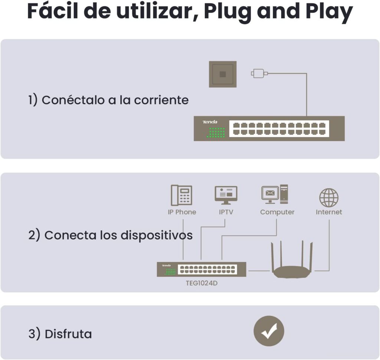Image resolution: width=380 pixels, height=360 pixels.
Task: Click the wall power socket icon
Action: tap(223, 74)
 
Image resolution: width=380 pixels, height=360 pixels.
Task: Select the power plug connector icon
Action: tap(259, 73)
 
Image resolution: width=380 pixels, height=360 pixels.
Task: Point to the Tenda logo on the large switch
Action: tap(210, 122)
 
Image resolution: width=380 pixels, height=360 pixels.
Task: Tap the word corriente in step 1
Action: tap(161, 100)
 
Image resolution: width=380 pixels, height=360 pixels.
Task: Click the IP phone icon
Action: tap(182, 195)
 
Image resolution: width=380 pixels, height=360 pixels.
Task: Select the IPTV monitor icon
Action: tap(226, 195)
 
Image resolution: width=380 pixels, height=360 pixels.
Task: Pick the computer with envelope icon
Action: tap(275, 194)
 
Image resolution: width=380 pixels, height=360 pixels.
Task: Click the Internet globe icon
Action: tap(329, 197)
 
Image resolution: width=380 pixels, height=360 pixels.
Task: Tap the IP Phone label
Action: tap(182, 212)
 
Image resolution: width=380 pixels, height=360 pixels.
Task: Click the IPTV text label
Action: tap(226, 212)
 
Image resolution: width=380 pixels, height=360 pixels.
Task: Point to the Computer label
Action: tap(277, 212)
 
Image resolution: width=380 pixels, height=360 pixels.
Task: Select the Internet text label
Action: tap(329, 212)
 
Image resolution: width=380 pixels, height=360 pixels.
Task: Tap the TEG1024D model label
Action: tap(202, 283)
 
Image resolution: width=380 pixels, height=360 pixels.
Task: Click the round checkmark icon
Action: tap(269, 331)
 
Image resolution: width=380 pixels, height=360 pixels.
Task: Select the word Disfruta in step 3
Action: tap(68, 334)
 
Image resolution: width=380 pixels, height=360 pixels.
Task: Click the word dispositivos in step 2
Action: tap(157, 235)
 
